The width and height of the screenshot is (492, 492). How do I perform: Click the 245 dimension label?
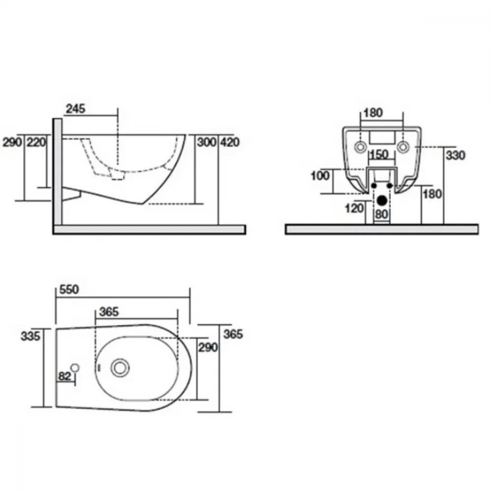point(75,109)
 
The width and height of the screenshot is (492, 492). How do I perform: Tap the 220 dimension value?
point(36,142)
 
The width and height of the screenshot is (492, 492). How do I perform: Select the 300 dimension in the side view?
point(207,142)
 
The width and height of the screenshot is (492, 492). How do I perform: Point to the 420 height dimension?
point(230,142)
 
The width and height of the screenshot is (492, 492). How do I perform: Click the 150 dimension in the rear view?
point(379,154)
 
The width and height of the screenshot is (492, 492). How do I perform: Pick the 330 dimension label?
point(455,155)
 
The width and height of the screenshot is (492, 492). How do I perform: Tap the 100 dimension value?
point(320,176)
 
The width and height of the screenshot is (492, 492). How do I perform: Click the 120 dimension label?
point(354,208)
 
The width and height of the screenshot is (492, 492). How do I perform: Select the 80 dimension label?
point(382,215)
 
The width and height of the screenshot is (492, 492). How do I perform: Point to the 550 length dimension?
point(69,289)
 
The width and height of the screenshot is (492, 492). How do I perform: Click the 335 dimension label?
point(31,336)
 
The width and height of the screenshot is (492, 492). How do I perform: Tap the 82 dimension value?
point(64,376)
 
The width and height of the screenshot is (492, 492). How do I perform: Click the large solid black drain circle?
point(382,200)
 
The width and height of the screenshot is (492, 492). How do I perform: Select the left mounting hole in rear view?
point(360,147)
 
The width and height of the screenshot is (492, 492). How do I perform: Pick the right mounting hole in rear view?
point(403,147)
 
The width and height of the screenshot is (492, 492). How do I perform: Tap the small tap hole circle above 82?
point(75,368)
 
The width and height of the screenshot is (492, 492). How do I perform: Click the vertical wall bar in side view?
point(58,172)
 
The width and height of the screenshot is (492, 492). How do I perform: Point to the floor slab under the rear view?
point(382,229)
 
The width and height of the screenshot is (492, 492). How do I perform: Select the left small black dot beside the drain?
point(374,186)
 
